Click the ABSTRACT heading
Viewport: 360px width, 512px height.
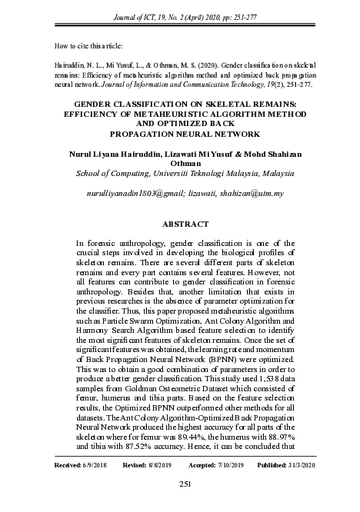[x=185, y=224]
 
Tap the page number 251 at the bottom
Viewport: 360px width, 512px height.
[x=185, y=483]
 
